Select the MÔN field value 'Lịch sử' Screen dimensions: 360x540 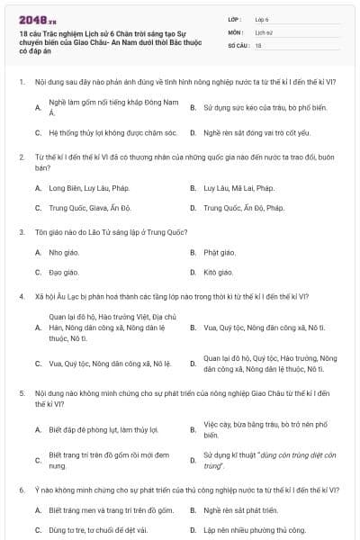(265, 31)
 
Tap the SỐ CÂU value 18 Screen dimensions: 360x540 (258, 44)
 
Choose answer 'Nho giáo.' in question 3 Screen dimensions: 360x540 (64, 252)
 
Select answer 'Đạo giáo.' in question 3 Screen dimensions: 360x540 (64, 272)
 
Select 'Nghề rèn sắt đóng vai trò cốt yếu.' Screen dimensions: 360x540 (256, 132)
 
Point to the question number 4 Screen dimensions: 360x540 (22, 295)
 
